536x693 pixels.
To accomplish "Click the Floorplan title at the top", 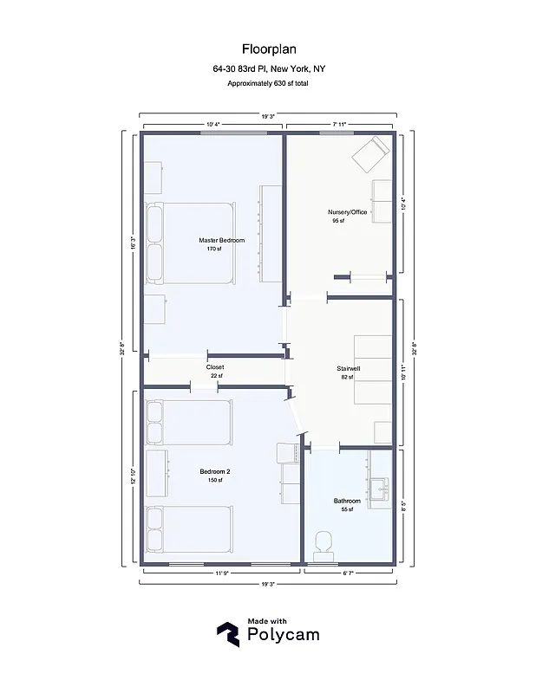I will coord(267,50).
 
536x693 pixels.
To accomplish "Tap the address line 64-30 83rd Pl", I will coord(267,68).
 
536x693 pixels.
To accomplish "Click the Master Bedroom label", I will coord(221,240).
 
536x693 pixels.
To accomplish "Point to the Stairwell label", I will coord(349,368).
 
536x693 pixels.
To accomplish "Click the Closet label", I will coord(214,367).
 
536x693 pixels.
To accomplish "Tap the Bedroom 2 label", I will coord(214,471).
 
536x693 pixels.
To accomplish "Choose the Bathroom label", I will coord(347,501).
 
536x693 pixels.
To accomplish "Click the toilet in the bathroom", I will coord(323,543).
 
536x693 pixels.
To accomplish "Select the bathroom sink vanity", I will coord(379,491).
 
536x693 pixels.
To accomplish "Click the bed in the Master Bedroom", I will coord(190,243).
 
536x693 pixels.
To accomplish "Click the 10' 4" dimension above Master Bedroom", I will coord(212,125).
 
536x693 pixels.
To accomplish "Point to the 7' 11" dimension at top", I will coord(338,125).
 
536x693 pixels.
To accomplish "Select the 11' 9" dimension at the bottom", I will coord(221,573).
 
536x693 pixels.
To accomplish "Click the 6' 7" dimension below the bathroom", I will coord(348,573).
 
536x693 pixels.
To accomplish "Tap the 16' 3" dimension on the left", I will coord(133,244).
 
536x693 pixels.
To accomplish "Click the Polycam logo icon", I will coord(228,634).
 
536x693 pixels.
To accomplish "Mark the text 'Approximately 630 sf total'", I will coord(267,83).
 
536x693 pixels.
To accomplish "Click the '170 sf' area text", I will coord(214,249).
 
